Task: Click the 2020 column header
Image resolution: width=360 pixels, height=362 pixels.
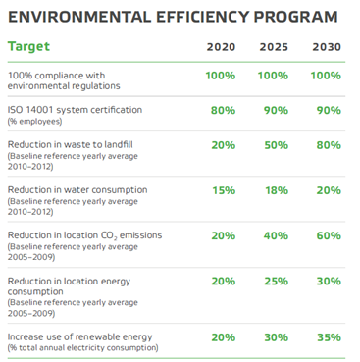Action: (222, 47)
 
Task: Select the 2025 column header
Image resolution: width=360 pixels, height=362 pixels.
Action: (275, 47)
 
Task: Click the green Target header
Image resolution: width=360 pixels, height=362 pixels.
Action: (28, 46)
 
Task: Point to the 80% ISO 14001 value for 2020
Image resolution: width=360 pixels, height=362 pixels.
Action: (222, 110)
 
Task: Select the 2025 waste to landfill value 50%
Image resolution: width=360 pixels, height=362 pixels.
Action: (275, 145)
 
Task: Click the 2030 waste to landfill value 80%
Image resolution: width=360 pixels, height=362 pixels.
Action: (328, 145)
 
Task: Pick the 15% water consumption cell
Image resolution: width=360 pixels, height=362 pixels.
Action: (222, 190)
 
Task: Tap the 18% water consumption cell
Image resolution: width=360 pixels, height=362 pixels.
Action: (275, 190)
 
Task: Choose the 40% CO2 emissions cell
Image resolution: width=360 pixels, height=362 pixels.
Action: (275, 235)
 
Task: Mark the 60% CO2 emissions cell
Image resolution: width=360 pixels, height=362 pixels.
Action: (328, 235)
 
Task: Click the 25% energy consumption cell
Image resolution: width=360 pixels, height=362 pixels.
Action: (275, 281)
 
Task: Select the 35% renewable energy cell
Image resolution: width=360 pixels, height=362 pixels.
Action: (328, 336)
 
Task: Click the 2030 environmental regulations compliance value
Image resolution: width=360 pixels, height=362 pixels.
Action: (328, 76)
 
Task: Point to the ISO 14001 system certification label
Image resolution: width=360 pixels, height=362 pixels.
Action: (75, 109)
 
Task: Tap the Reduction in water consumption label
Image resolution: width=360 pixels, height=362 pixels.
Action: (77, 189)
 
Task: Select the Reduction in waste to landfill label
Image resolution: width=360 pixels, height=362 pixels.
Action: (72, 144)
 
